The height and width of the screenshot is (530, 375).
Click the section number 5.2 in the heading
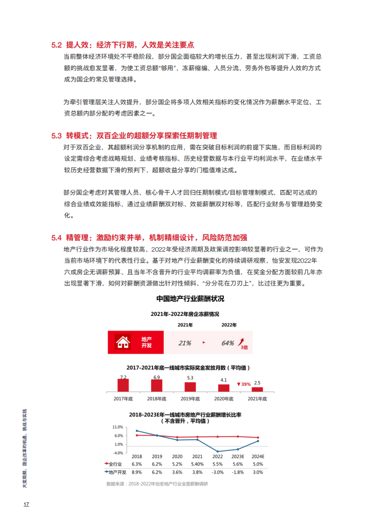coord(57,45)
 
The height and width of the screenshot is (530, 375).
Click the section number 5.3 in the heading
coord(57,136)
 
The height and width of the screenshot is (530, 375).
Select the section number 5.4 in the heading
coord(57,237)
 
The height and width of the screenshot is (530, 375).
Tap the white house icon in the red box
coord(123,342)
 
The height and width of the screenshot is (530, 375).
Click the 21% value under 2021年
coord(184,343)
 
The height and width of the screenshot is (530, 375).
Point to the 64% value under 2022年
coord(228,343)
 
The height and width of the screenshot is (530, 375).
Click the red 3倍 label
coord(243,347)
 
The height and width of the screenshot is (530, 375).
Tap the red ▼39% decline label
coord(243,384)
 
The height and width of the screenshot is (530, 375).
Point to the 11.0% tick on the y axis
coord(118,427)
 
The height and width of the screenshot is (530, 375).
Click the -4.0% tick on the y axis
coord(118,452)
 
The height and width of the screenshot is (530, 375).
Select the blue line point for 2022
coord(218,451)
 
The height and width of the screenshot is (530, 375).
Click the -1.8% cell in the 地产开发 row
coord(238,472)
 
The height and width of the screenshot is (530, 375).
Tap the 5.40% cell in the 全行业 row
coord(197,464)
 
